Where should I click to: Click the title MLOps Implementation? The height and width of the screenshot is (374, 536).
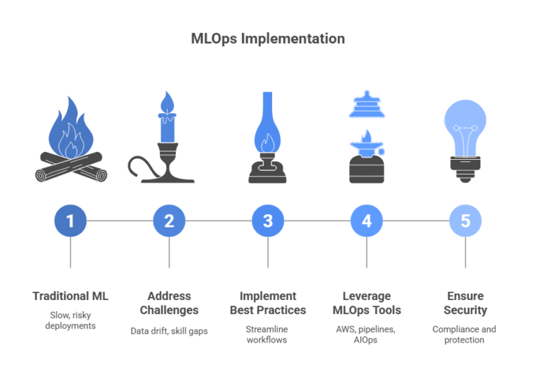pos(268,39)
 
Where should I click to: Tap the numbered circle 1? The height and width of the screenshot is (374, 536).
pos(70,221)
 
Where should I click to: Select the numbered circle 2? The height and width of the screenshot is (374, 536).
pos(169,221)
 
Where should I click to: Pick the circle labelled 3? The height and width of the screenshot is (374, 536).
pos(268,221)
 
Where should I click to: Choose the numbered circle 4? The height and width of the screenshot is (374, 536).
pos(366,221)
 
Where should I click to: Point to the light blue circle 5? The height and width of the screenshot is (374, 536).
pos(466,221)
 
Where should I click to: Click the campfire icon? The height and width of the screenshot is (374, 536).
pos(70,143)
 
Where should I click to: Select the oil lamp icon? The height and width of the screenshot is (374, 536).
pos(268,140)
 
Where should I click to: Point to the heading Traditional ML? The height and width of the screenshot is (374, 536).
pos(70,297)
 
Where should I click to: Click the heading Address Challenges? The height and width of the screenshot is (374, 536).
pos(169,303)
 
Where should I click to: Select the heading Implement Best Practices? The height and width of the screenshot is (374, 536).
pos(268,303)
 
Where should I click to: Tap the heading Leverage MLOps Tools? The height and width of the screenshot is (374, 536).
pos(366,303)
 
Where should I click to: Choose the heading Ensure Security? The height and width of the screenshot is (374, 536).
pos(466,303)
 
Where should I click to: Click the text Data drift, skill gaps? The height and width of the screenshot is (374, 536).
pos(169,330)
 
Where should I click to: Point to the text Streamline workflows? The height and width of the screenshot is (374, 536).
pos(268,334)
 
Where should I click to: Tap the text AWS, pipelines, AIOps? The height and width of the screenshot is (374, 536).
pos(366,334)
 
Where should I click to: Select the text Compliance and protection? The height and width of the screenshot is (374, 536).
pos(466,334)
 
